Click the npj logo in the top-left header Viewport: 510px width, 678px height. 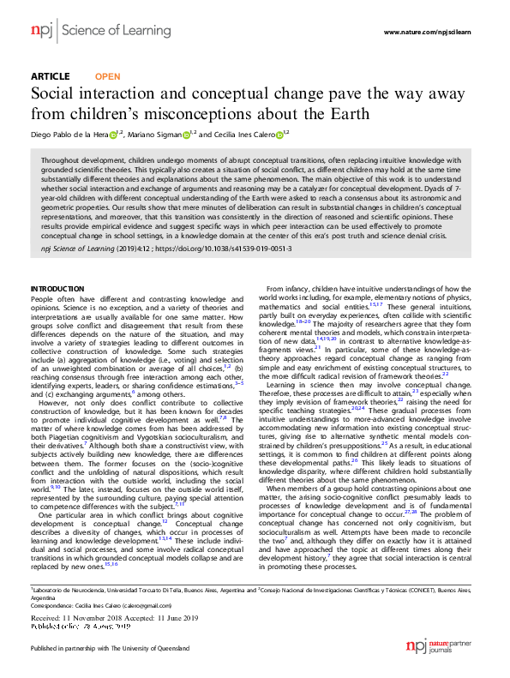pos(40,30)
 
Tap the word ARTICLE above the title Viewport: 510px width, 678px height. pos(50,76)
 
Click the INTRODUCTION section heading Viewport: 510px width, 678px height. pos(57,288)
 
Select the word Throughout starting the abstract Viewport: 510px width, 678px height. pos(60,160)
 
